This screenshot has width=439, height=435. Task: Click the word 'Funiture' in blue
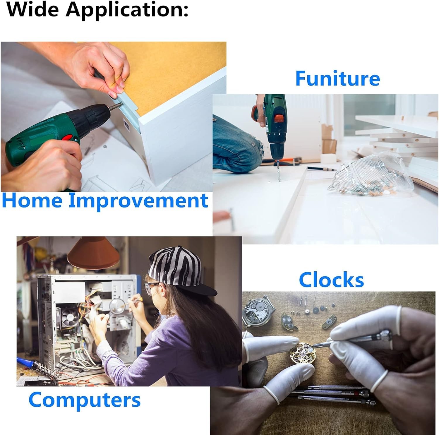(x=337, y=78)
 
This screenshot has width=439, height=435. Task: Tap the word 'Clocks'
(x=331, y=280)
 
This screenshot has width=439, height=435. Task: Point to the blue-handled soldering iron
(x=32, y=364)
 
